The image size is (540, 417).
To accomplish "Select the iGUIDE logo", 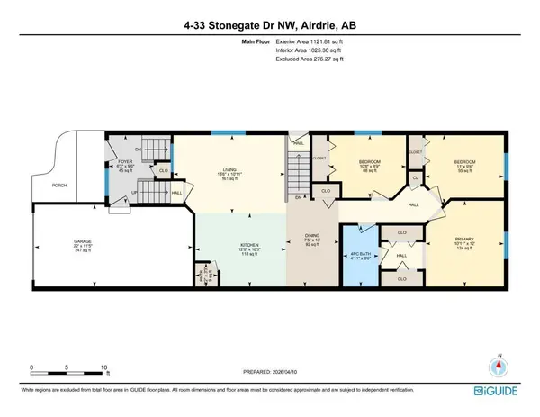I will click(x=506, y=393).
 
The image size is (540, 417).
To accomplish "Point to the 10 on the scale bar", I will click(x=105, y=368).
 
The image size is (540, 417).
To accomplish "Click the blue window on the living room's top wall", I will click(x=220, y=133).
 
